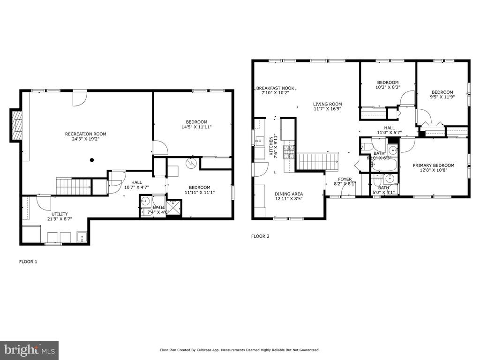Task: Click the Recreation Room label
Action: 86,134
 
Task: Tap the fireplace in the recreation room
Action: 16,125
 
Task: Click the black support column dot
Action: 91,160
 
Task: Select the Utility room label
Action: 60,214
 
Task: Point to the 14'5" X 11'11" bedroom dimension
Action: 196,127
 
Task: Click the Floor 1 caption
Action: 28,262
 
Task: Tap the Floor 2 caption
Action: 260,236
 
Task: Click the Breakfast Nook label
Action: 275,88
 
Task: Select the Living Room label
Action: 327,104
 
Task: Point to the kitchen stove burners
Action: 288,152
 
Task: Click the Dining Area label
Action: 289,194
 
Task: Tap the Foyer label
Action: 345,179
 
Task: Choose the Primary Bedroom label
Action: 434,165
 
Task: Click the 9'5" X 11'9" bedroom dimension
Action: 442,97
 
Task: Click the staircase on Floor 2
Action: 318,161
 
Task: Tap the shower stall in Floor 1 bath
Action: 173,208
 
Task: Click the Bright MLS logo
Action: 29,350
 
